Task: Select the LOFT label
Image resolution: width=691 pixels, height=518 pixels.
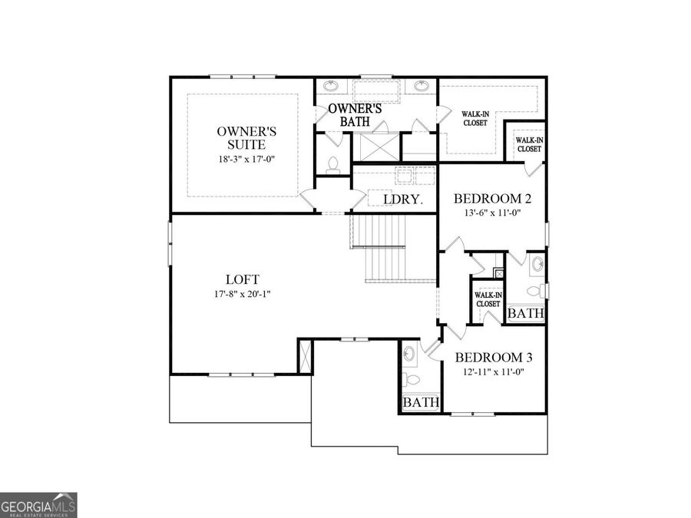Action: [242, 279]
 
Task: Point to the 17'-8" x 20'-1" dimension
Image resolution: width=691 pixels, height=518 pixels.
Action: [242, 295]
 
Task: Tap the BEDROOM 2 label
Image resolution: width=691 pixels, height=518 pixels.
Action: [493, 198]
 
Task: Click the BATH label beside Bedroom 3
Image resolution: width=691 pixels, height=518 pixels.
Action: [421, 402]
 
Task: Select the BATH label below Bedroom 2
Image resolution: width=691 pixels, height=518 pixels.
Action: [526, 313]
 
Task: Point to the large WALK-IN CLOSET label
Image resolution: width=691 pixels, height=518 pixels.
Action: [474, 118]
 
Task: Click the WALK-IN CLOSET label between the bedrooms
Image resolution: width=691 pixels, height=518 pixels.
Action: [488, 299]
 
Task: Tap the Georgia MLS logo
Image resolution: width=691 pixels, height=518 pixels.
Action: [38, 505]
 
